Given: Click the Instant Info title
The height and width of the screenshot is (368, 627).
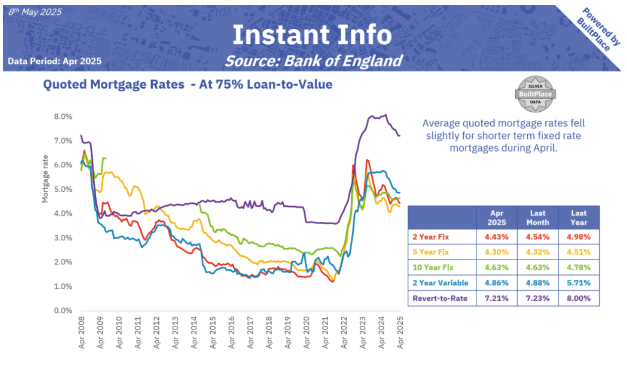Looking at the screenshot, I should click(x=312, y=35).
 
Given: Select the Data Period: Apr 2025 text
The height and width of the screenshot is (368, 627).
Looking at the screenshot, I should click(x=54, y=61).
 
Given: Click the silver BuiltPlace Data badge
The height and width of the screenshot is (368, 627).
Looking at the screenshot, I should click(x=534, y=94).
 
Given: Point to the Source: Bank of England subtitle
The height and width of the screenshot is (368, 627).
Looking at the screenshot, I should click(x=313, y=61).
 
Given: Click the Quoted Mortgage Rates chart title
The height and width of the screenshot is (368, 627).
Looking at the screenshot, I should click(x=187, y=85).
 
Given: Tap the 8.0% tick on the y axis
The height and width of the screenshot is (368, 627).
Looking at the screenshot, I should click(x=63, y=116).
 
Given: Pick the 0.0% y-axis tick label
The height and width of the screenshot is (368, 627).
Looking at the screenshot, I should click(x=63, y=311).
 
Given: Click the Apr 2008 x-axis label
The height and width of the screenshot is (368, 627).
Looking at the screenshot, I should click(x=82, y=333).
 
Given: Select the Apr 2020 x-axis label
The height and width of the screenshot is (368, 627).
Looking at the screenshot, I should click(x=306, y=333).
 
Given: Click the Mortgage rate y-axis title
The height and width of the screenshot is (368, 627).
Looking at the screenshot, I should click(x=45, y=179).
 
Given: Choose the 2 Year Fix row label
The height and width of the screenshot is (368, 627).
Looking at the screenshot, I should click(x=431, y=237).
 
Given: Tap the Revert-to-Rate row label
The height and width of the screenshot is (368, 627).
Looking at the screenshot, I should click(x=440, y=298).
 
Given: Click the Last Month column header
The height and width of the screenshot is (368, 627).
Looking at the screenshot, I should click(x=538, y=217).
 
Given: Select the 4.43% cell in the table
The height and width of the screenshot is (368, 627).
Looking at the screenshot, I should click(x=496, y=237).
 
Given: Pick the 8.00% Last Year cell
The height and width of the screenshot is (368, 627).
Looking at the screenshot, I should click(x=579, y=298).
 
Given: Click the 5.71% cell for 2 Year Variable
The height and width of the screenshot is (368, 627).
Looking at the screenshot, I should click(x=579, y=283).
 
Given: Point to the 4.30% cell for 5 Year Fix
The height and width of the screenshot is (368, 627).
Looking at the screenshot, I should click(x=496, y=252).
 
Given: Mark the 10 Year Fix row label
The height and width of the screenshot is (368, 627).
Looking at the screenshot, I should click(x=433, y=267).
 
